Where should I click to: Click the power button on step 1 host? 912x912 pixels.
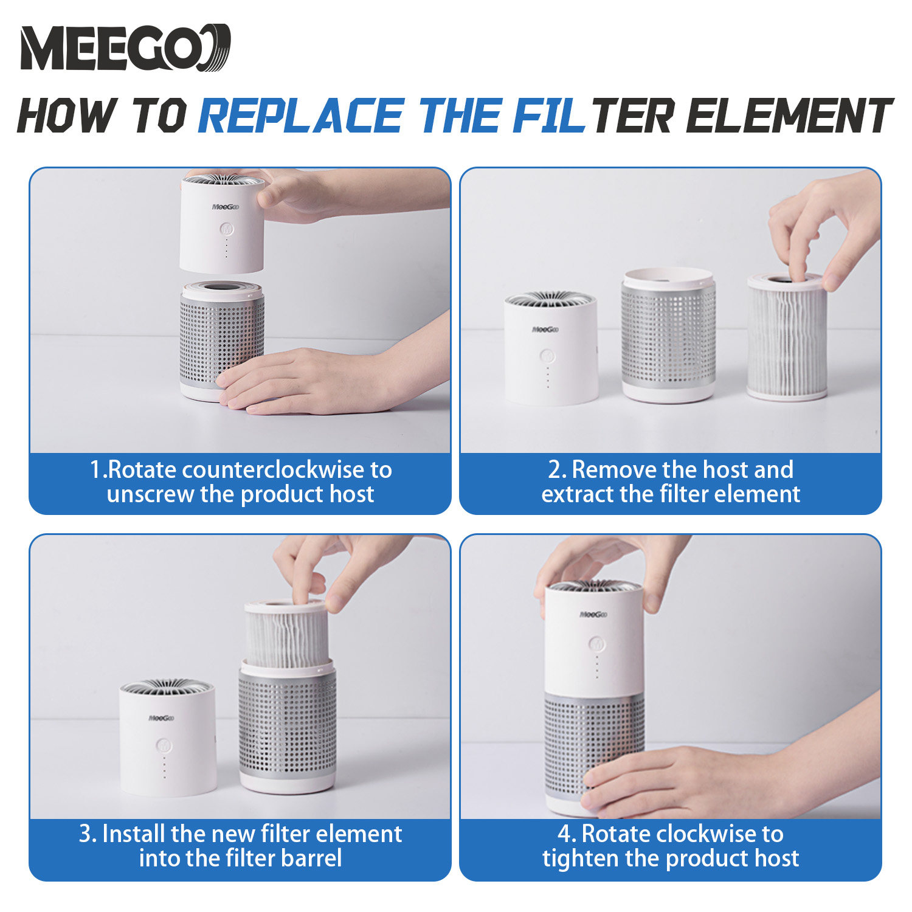[226, 229]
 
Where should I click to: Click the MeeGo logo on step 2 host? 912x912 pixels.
[545, 330]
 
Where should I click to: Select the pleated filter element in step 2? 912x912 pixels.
[787, 336]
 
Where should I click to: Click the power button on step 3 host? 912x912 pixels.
[164, 745]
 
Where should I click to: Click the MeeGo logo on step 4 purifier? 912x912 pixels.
[593, 615]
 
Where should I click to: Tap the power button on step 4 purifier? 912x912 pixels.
[596, 643]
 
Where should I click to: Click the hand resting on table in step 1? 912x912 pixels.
[322, 382]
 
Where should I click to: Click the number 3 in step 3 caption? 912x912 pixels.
[85, 834]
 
